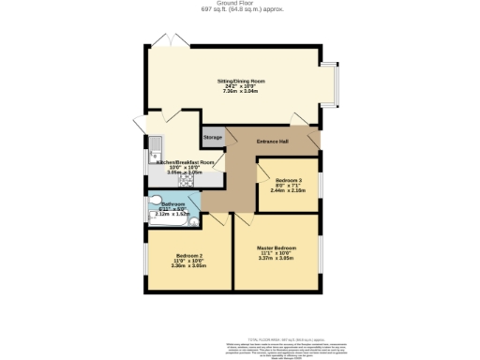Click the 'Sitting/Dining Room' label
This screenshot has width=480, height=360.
click(241, 82)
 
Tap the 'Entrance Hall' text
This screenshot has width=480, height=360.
click(272, 141)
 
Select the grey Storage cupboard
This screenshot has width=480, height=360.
click(213, 138)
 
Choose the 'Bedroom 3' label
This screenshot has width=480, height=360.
click(287, 180)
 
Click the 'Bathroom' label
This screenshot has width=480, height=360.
click(173, 203)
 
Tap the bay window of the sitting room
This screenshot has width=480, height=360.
click(338, 82)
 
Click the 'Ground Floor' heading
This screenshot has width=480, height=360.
click(241, 3)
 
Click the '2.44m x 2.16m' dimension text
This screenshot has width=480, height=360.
click(287, 190)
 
